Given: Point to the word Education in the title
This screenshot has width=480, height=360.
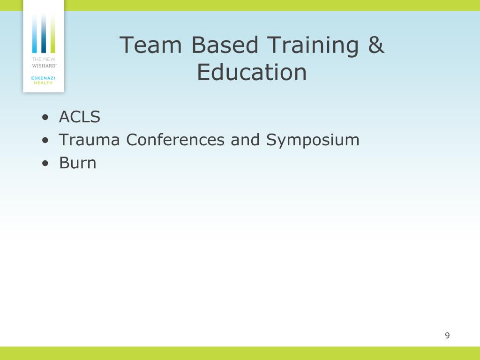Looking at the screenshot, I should [252, 73].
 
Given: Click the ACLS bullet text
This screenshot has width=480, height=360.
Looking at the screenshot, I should [79, 117].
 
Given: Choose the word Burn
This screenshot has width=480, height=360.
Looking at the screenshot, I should [77, 163].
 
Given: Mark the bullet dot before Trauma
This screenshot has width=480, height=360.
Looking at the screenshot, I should [45, 141].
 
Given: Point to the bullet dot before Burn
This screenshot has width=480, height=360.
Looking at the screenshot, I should [45, 164].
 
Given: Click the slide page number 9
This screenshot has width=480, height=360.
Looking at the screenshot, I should [447, 335].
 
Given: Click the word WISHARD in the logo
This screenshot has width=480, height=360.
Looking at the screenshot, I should [44, 66].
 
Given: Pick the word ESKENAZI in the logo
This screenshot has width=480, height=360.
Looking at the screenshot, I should [43, 78].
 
